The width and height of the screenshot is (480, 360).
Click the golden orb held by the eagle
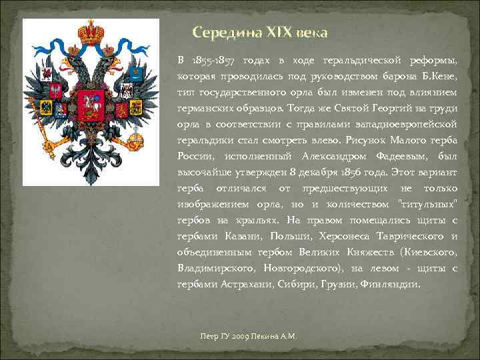click(x=135, y=142)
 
